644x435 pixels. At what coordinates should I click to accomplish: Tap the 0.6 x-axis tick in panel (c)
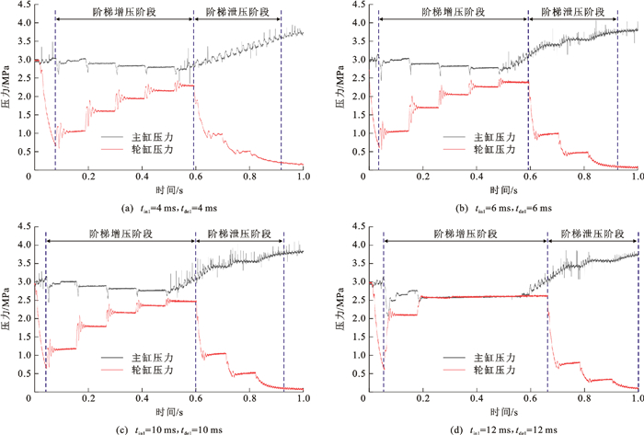[x=195, y=398]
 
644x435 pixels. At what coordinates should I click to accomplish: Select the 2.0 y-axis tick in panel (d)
[x=355, y=316]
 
